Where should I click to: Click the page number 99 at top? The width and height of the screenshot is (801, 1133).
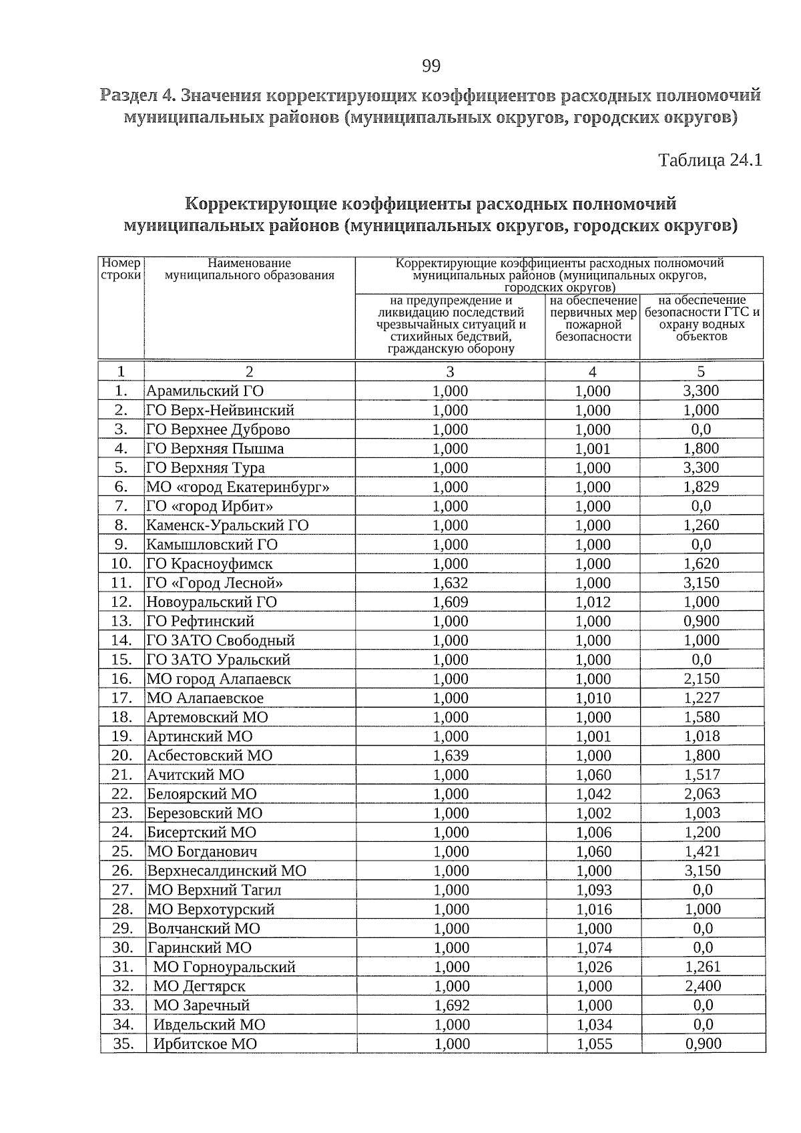click(x=431, y=65)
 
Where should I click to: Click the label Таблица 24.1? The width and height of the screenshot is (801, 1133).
click(x=710, y=161)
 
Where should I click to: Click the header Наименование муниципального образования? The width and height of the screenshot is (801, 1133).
click(x=249, y=269)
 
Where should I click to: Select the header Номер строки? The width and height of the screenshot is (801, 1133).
click(x=121, y=269)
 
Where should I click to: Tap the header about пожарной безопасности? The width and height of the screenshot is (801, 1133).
click(x=592, y=318)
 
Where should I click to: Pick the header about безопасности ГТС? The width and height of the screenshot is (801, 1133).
click(x=701, y=318)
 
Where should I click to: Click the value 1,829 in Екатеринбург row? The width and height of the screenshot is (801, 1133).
click(x=701, y=487)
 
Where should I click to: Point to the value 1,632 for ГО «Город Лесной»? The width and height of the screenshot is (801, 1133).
click(x=451, y=583)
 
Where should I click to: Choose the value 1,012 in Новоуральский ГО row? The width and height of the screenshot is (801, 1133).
click(x=593, y=602)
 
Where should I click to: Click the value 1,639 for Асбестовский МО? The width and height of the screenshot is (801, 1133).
click(x=451, y=756)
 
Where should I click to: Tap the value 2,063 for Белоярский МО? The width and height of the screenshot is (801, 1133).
click(x=702, y=794)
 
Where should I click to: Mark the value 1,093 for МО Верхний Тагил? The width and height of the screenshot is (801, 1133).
click(x=593, y=890)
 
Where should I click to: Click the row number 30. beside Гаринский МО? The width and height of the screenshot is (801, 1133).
click(x=123, y=947)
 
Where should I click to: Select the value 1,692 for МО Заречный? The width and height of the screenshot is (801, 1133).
click(x=452, y=1005)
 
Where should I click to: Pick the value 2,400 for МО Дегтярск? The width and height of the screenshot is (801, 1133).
click(x=703, y=986)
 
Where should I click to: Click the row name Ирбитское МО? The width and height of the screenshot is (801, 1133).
click(x=205, y=1044)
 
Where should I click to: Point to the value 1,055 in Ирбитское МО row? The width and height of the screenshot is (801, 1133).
click(x=594, y=1044)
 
